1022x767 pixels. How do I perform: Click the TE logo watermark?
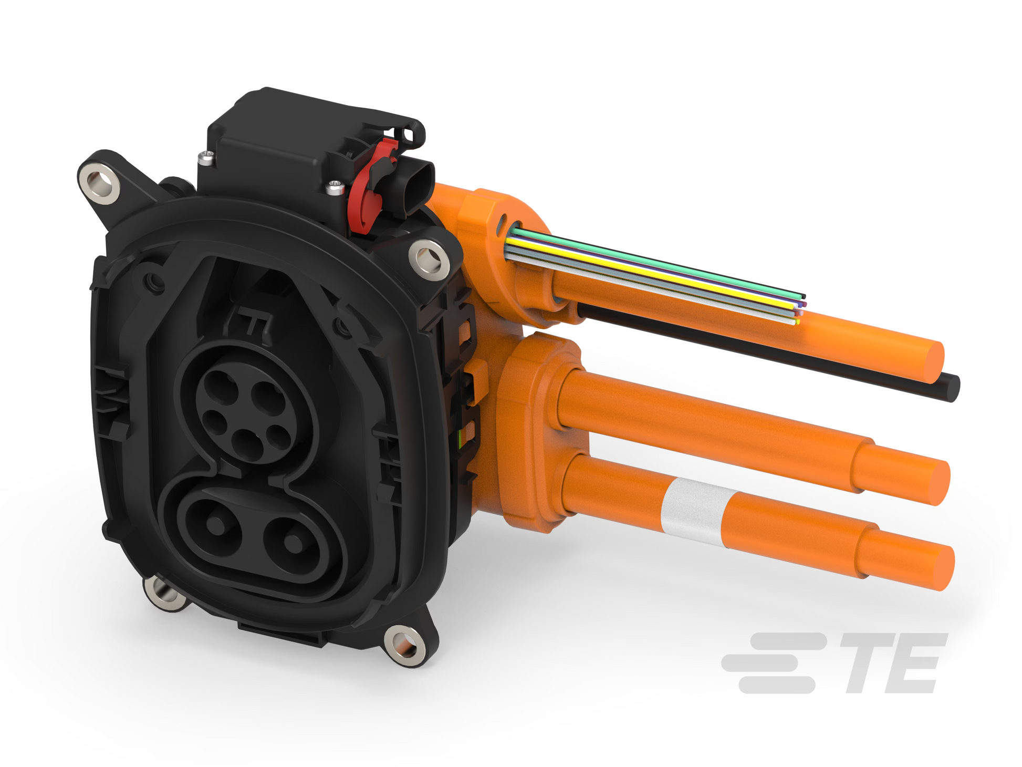point(835,664)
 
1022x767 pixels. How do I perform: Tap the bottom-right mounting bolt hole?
point(404,644)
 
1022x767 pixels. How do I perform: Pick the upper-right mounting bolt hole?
point(429,257)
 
